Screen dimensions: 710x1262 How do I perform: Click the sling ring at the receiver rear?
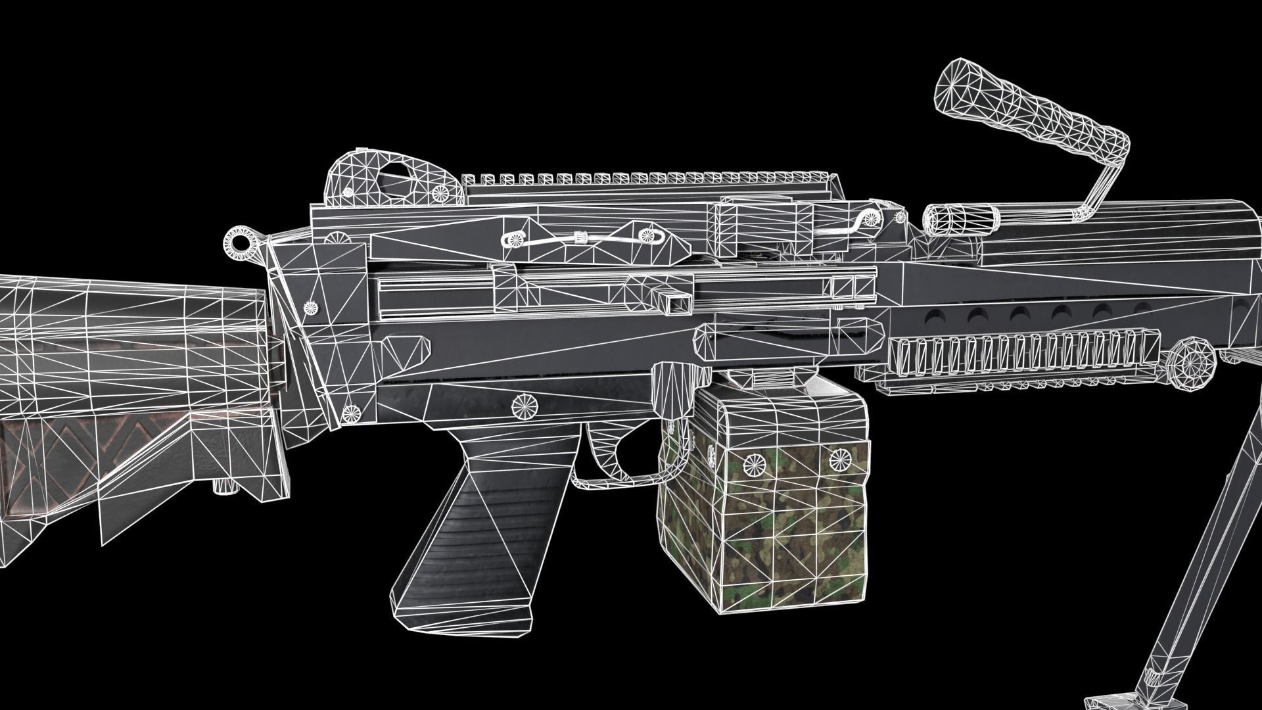point(237,242)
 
